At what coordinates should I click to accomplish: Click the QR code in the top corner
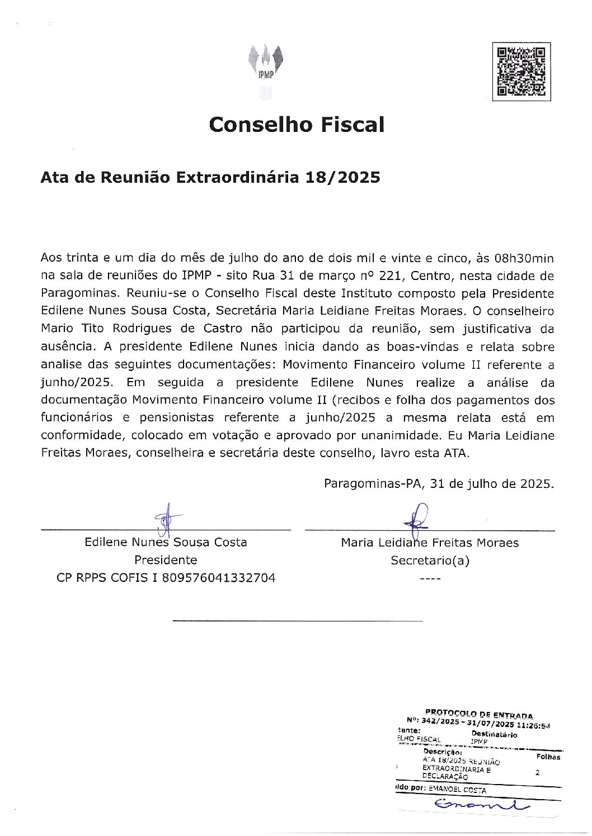tap(521, 72)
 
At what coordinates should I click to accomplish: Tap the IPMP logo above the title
tap(266, 64)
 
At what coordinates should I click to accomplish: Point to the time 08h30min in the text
tap(524, 258)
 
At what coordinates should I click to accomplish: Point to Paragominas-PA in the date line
tap(372, 484)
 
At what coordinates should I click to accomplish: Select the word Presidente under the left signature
tap(166, 560)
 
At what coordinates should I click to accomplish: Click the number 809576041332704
tap(218, 578)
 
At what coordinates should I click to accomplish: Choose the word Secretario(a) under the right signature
tap(430, 560)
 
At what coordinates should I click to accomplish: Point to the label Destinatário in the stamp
tap(494, 734)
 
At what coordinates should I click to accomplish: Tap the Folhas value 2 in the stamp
tap(537, 773)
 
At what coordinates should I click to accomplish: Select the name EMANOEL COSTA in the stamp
tap(457, 790)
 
